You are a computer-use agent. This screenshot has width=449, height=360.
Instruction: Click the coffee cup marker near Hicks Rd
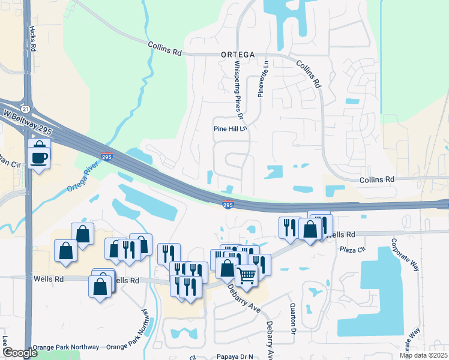pyautogui.click(x=39, y=157)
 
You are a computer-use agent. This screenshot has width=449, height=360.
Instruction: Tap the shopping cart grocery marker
pyautogui.click(x=247, y=276)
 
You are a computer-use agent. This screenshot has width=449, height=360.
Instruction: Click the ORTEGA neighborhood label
pyautogui.click(x=240, y=53)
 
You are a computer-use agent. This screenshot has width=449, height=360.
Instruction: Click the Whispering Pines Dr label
pyautogui.click(x=240, y=89)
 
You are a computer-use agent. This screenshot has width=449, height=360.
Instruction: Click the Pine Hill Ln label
pyautogui.click(x=231, y=128)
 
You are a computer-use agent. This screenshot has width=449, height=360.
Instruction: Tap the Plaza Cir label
pyautogui.click(x=352, y=249)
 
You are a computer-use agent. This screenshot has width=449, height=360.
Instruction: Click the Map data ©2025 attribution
pyautogui.click(x=423, y=355)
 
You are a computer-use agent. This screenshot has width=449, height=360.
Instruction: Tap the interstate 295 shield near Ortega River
pyautogui.click(x=106, y=157)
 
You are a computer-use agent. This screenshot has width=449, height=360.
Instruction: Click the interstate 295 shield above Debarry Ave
pyautogui.click(x=228, y=205)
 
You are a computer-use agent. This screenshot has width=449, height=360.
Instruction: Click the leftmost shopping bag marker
pyautogui.click(x=65, y=252)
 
